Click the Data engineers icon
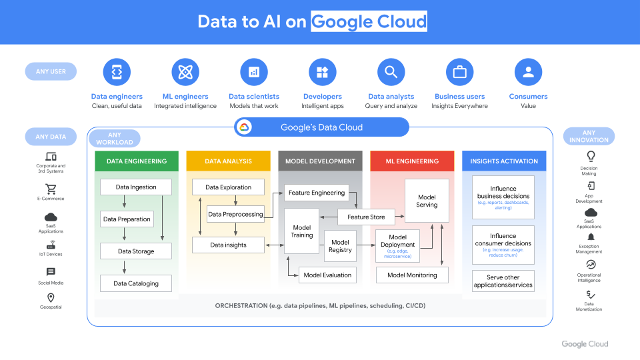(x=117, y=72)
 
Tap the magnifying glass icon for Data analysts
(x=391, y=72)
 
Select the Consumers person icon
(x=528, y=72)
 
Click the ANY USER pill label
(x=51, y=71)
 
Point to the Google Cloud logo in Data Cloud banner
(x=243, y=127)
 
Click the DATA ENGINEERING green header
(x=136, y=161)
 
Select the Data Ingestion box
(x=136, y=187)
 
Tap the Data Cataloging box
(x=136, y=283)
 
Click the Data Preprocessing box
(x=235, y=215)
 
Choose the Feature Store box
(x=366, y=217)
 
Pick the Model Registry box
(x=340, y=246)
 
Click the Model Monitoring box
(x=412, y=275)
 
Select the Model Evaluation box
(x=327, y=275)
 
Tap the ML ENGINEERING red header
(x=412, y=161)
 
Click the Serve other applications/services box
(x=503, y=281)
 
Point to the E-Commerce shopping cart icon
(x=51, y=189)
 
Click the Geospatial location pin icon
(x=51, y=298)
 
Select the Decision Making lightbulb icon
(x=590, y=156)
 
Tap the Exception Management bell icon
(x=590, y=237)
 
